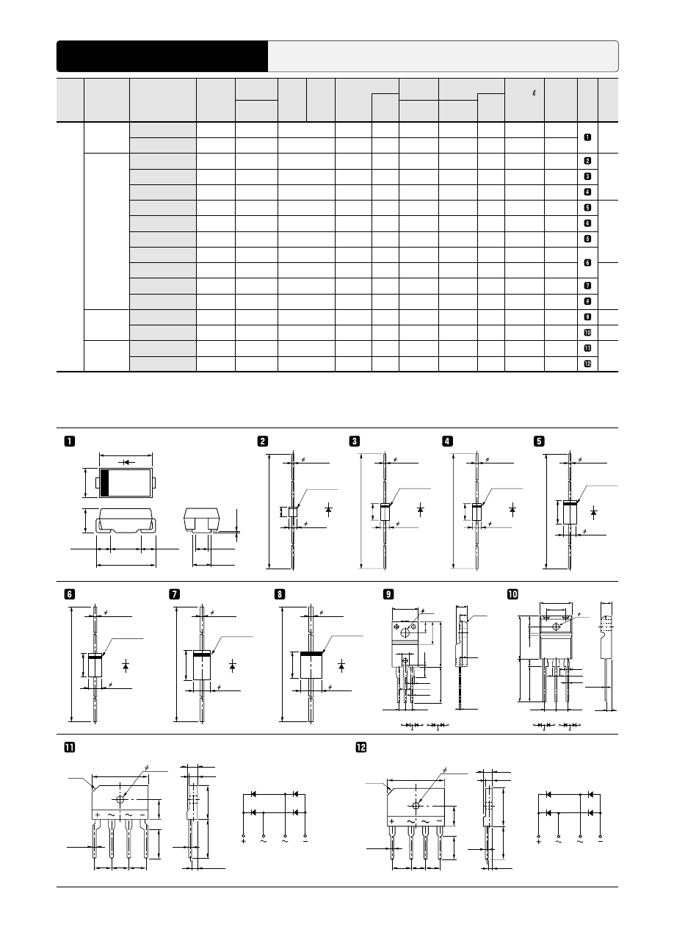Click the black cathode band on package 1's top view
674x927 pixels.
(x=104, y=483)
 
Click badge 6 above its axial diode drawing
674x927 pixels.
(x=69, y=596)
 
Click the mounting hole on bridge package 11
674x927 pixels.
(x=120, y=798)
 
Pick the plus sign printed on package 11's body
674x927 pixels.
(x=97, y=815)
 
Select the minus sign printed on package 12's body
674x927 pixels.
(x=438, y=820)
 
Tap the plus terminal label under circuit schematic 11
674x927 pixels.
(x=243, y=841)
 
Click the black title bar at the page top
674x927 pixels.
(x=162, y=56)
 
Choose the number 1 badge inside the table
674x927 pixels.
(x=587, y=137)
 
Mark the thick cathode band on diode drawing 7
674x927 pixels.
(x=202, y=652)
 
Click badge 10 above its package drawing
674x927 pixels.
(x=512, y=596)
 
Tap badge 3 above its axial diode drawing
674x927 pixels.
(x=355, y=441)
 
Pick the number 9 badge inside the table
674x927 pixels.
(x=587, y=317)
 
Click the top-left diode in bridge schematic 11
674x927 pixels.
(x=253, y=794)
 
